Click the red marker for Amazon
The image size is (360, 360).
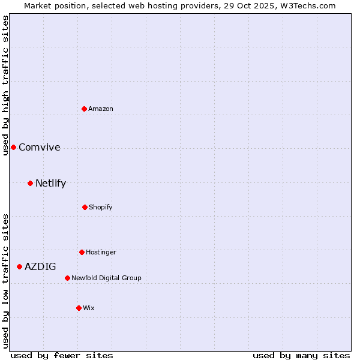point(85,109)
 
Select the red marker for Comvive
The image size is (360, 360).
point(13,147)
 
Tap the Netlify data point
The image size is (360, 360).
point(30,183)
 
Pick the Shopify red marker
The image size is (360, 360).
point(85,207)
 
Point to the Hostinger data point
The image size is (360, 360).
point(82,252)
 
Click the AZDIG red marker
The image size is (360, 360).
point(19,266)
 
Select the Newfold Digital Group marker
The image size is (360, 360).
point(67,278)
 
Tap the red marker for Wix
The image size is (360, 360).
point(79,308)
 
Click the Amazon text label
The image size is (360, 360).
point(101,109)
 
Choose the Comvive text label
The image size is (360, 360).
point(40,148)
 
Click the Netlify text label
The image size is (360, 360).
point(50,184)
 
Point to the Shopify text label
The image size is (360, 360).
point(101,207)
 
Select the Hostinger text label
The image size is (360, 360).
point(101,252)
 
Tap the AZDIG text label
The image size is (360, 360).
point(40,267)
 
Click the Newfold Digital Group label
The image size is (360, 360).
point(106,278)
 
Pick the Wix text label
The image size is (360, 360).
point(89,308)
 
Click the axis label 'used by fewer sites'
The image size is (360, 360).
point(62,355)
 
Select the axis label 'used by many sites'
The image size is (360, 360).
point(301,355)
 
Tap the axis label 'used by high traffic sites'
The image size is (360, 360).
point(5,85)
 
